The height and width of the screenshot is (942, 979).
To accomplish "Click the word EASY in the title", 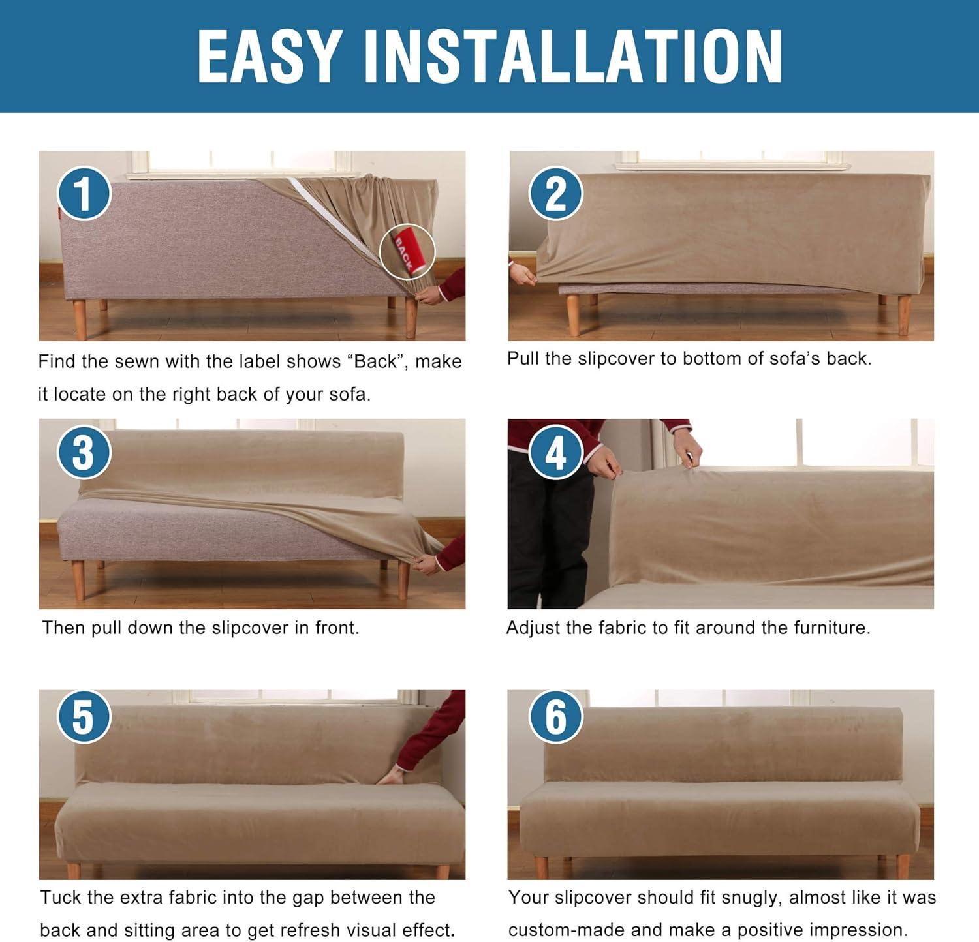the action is pyautogui.click(x=270, y=57).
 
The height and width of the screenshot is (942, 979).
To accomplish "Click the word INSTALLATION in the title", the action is pyautogui.click(x=573, y=57).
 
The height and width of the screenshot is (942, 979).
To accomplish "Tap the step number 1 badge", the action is pyautogui.click(x=84, y=194).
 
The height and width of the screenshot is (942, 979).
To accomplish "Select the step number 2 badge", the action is pyautogui.click(x=555, y=194).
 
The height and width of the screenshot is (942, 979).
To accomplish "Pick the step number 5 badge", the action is pyautogui.click(x=84, y=716).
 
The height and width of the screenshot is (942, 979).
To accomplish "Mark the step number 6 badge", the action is pyautogui.click(x=555, y=716).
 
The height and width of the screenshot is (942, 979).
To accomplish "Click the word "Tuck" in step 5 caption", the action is pyautogui.click(x=61, y=898).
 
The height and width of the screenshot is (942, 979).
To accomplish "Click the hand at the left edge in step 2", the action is pyautogui.click(x=523, y=273).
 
